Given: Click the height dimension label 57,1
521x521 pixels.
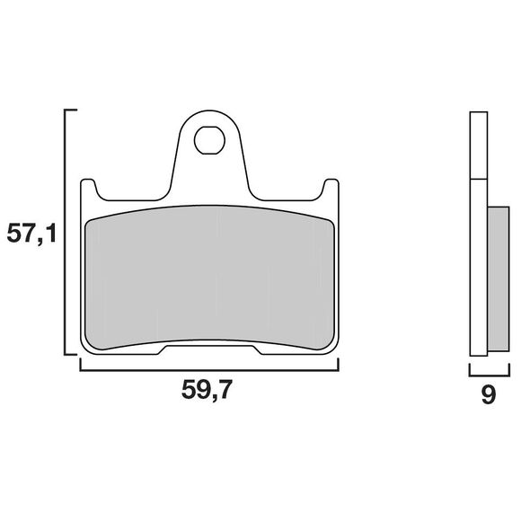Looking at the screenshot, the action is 32,234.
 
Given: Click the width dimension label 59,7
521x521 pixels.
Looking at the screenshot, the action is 207,390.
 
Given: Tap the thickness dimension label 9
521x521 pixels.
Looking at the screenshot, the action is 489,394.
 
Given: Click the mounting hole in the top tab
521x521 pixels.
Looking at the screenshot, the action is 209,140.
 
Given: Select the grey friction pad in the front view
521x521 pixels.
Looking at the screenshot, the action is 209,278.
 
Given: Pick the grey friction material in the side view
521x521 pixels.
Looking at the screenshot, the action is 499,278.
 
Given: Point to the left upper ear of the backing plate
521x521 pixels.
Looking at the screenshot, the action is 88,190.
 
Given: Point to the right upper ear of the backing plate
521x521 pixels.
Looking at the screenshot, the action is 331,190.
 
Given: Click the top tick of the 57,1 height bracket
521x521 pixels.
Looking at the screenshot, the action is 70,110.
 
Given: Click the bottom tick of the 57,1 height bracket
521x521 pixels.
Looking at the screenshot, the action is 70,355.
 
